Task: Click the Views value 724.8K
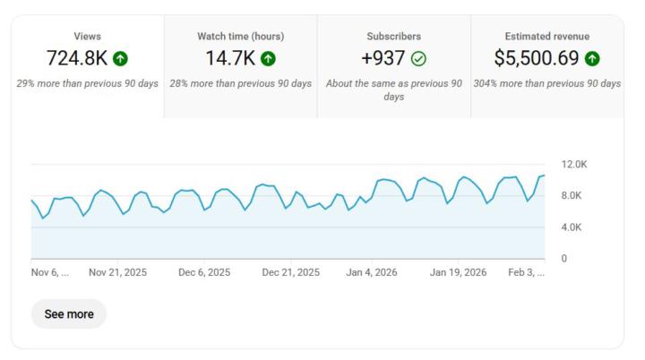[x=77, y=59]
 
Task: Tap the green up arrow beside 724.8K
[x=121, y=59]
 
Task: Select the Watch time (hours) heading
[x=240, y=36]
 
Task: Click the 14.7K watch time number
[x=229, y=59]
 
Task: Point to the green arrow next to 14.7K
[x=268, y=59]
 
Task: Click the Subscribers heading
[x=394, y=36]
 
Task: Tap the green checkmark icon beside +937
[x=418, y=59]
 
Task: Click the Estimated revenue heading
[x=546, y=36]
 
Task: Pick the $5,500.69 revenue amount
[x=536, y=59]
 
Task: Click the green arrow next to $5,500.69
[x=591, y=59]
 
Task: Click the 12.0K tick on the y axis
[x=573, y=165]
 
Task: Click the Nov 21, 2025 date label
[x=117, y=272]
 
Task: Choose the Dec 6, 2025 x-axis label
[x=204, y=272]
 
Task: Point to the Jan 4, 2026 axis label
[x=372, y=272]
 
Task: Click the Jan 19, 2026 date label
[x=458, y=272]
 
